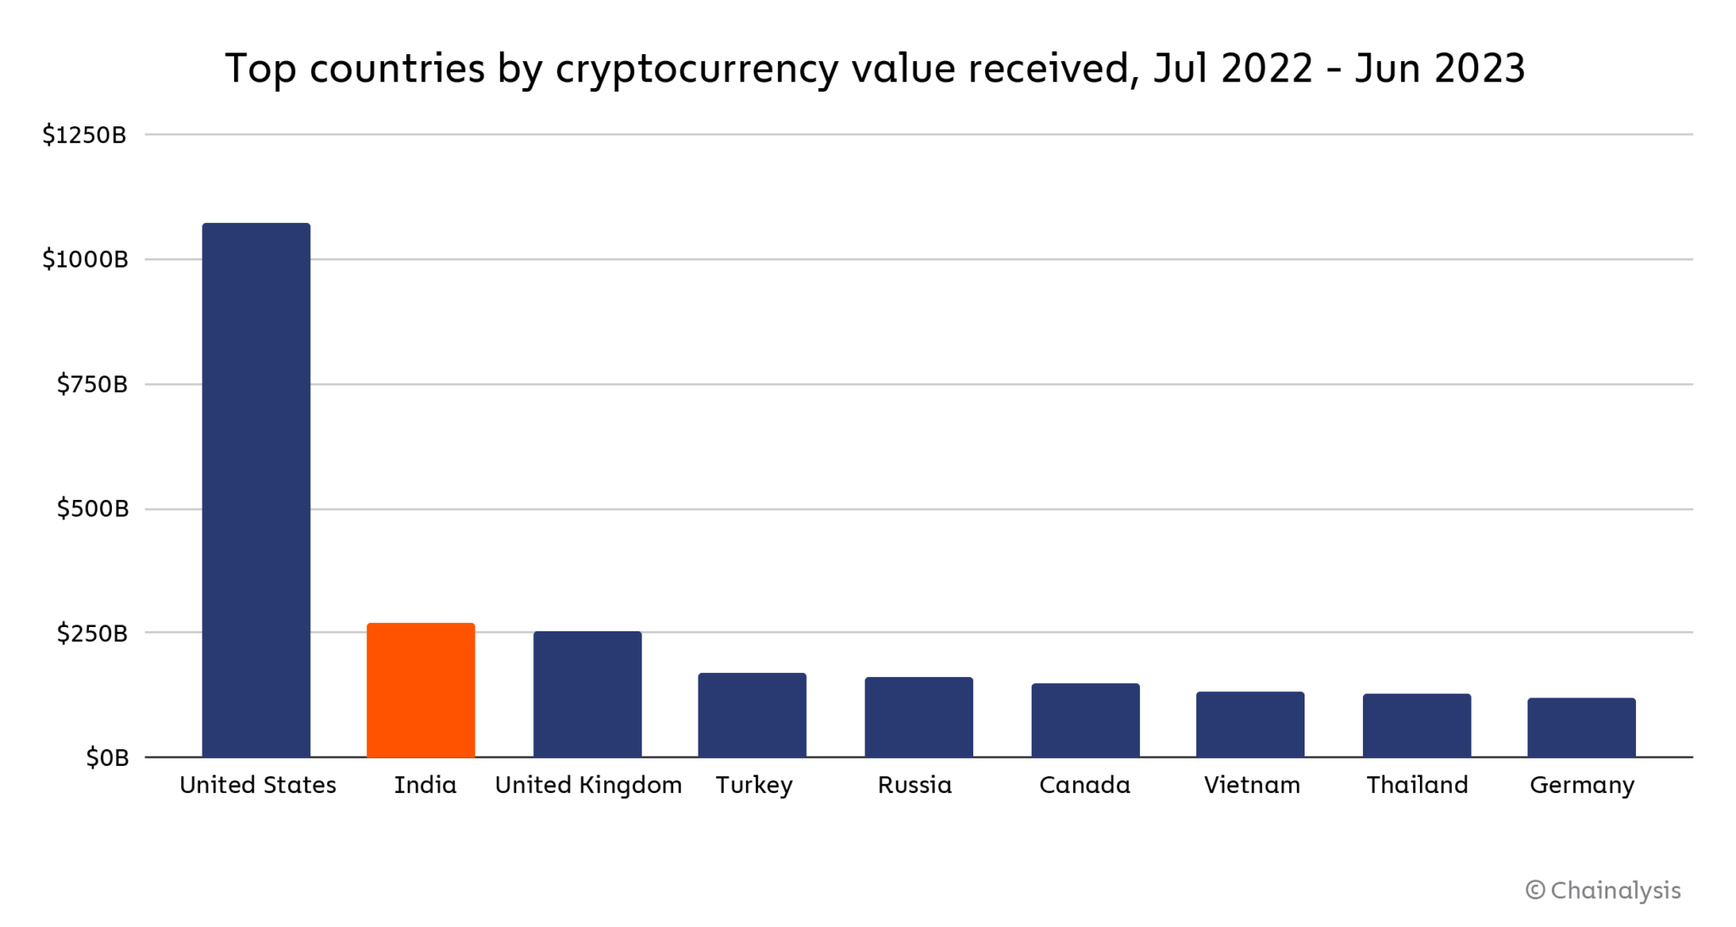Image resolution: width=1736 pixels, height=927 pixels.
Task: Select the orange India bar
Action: [420, 690]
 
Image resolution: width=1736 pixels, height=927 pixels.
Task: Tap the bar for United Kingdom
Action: [587, 694]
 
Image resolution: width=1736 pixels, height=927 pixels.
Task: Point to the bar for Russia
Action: [919, 717]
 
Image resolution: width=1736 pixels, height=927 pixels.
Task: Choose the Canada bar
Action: [1085, 720]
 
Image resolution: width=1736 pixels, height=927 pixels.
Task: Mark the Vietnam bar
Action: [1250, 724]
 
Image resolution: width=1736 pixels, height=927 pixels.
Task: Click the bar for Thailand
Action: [1416, 725]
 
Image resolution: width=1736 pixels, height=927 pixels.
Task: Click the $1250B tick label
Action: [85, 135]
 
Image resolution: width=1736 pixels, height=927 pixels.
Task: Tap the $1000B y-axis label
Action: [85, 259]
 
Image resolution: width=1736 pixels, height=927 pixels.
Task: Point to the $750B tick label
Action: [92, 385]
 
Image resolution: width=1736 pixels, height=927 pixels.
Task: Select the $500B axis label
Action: [92, 508]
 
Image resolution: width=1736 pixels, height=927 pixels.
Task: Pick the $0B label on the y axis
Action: [107, 758]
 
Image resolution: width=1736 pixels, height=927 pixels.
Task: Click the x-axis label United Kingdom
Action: [588, 785]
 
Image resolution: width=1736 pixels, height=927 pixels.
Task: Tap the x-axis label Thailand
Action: [1416, 785]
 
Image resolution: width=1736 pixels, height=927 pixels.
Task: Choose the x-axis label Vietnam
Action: [1252, 785]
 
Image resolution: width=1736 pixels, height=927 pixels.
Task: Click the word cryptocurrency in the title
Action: [697, 69]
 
